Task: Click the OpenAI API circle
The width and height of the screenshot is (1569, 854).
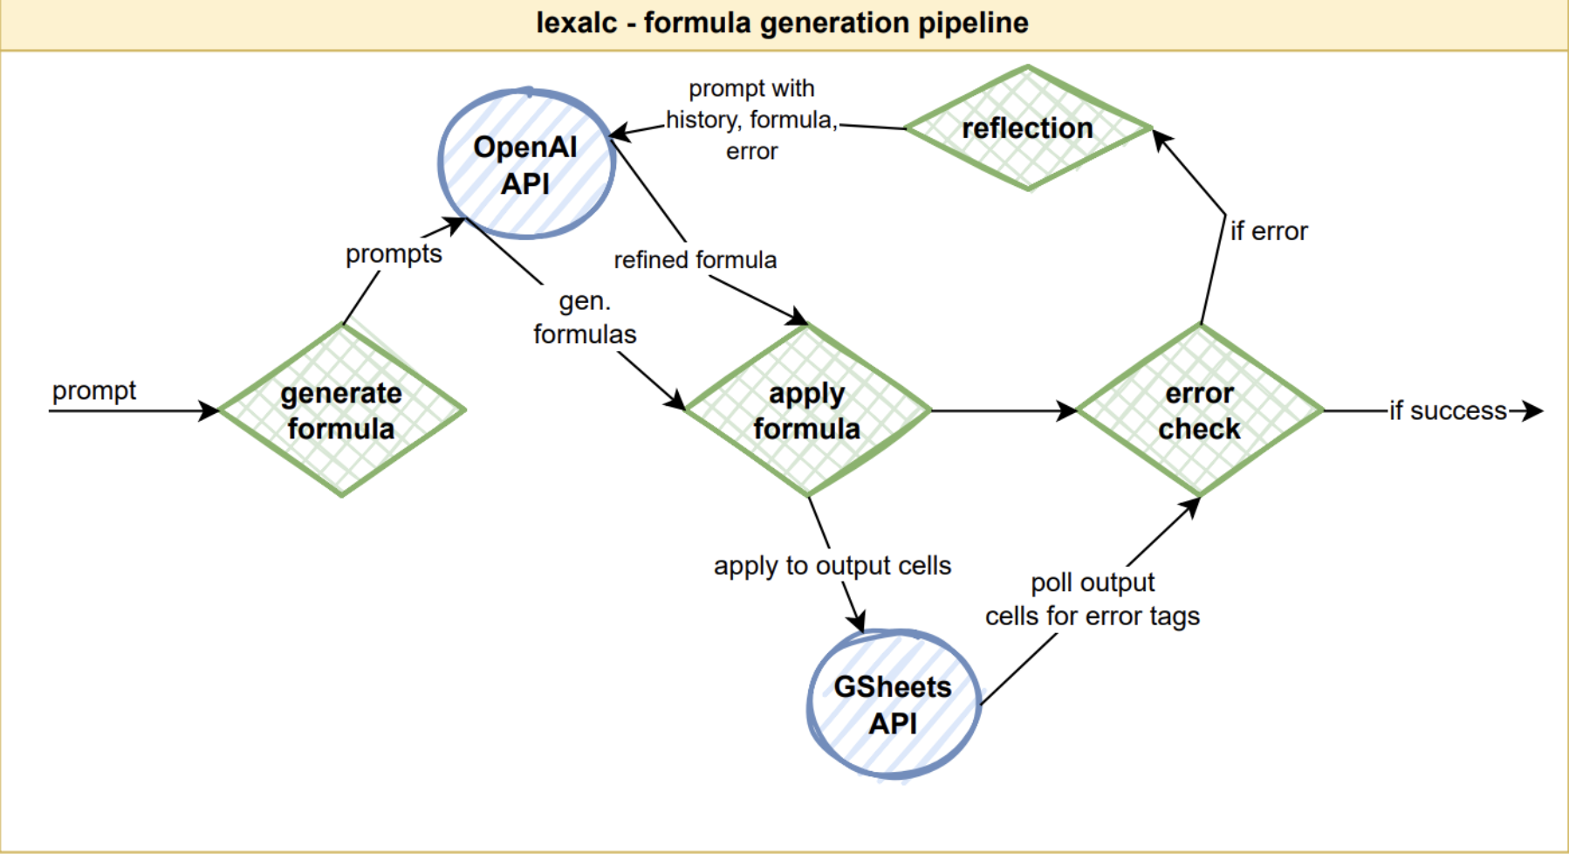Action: [x=526, y=164]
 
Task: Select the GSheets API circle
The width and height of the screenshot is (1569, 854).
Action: [x=894, y=704]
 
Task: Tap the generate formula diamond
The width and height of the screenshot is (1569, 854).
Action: [x=342, y=410]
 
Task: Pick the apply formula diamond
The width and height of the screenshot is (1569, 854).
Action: [x=808, y=410]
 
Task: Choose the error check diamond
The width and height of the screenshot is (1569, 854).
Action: [x=1201, y=410]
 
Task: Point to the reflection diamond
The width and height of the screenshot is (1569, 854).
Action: [x=1028, y=127]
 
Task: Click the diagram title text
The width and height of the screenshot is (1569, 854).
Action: [x=782, y=23]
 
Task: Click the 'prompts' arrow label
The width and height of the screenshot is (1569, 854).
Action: [x=394, y=254]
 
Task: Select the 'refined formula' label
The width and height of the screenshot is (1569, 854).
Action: [x=695, y=259]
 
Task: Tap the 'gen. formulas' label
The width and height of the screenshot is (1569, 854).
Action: [x=585, y=318]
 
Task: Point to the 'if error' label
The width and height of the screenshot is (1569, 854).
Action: [x=1269, y=231]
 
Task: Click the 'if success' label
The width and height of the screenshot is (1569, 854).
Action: [x=1449, y=410]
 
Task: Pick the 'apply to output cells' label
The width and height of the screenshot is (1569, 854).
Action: [x=832, y=566]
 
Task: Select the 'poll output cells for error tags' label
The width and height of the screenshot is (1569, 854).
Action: [x=1093, y=599]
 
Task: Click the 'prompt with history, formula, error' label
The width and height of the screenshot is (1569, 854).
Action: [x=751, y=120]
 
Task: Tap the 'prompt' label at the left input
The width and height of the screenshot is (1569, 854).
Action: [x=94, y=390]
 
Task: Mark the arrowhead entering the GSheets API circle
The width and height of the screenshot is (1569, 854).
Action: [x=857, y=619]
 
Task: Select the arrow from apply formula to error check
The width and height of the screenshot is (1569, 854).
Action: [x=1004, y=410]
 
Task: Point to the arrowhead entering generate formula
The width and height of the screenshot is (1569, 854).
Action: [x=209, y=410]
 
